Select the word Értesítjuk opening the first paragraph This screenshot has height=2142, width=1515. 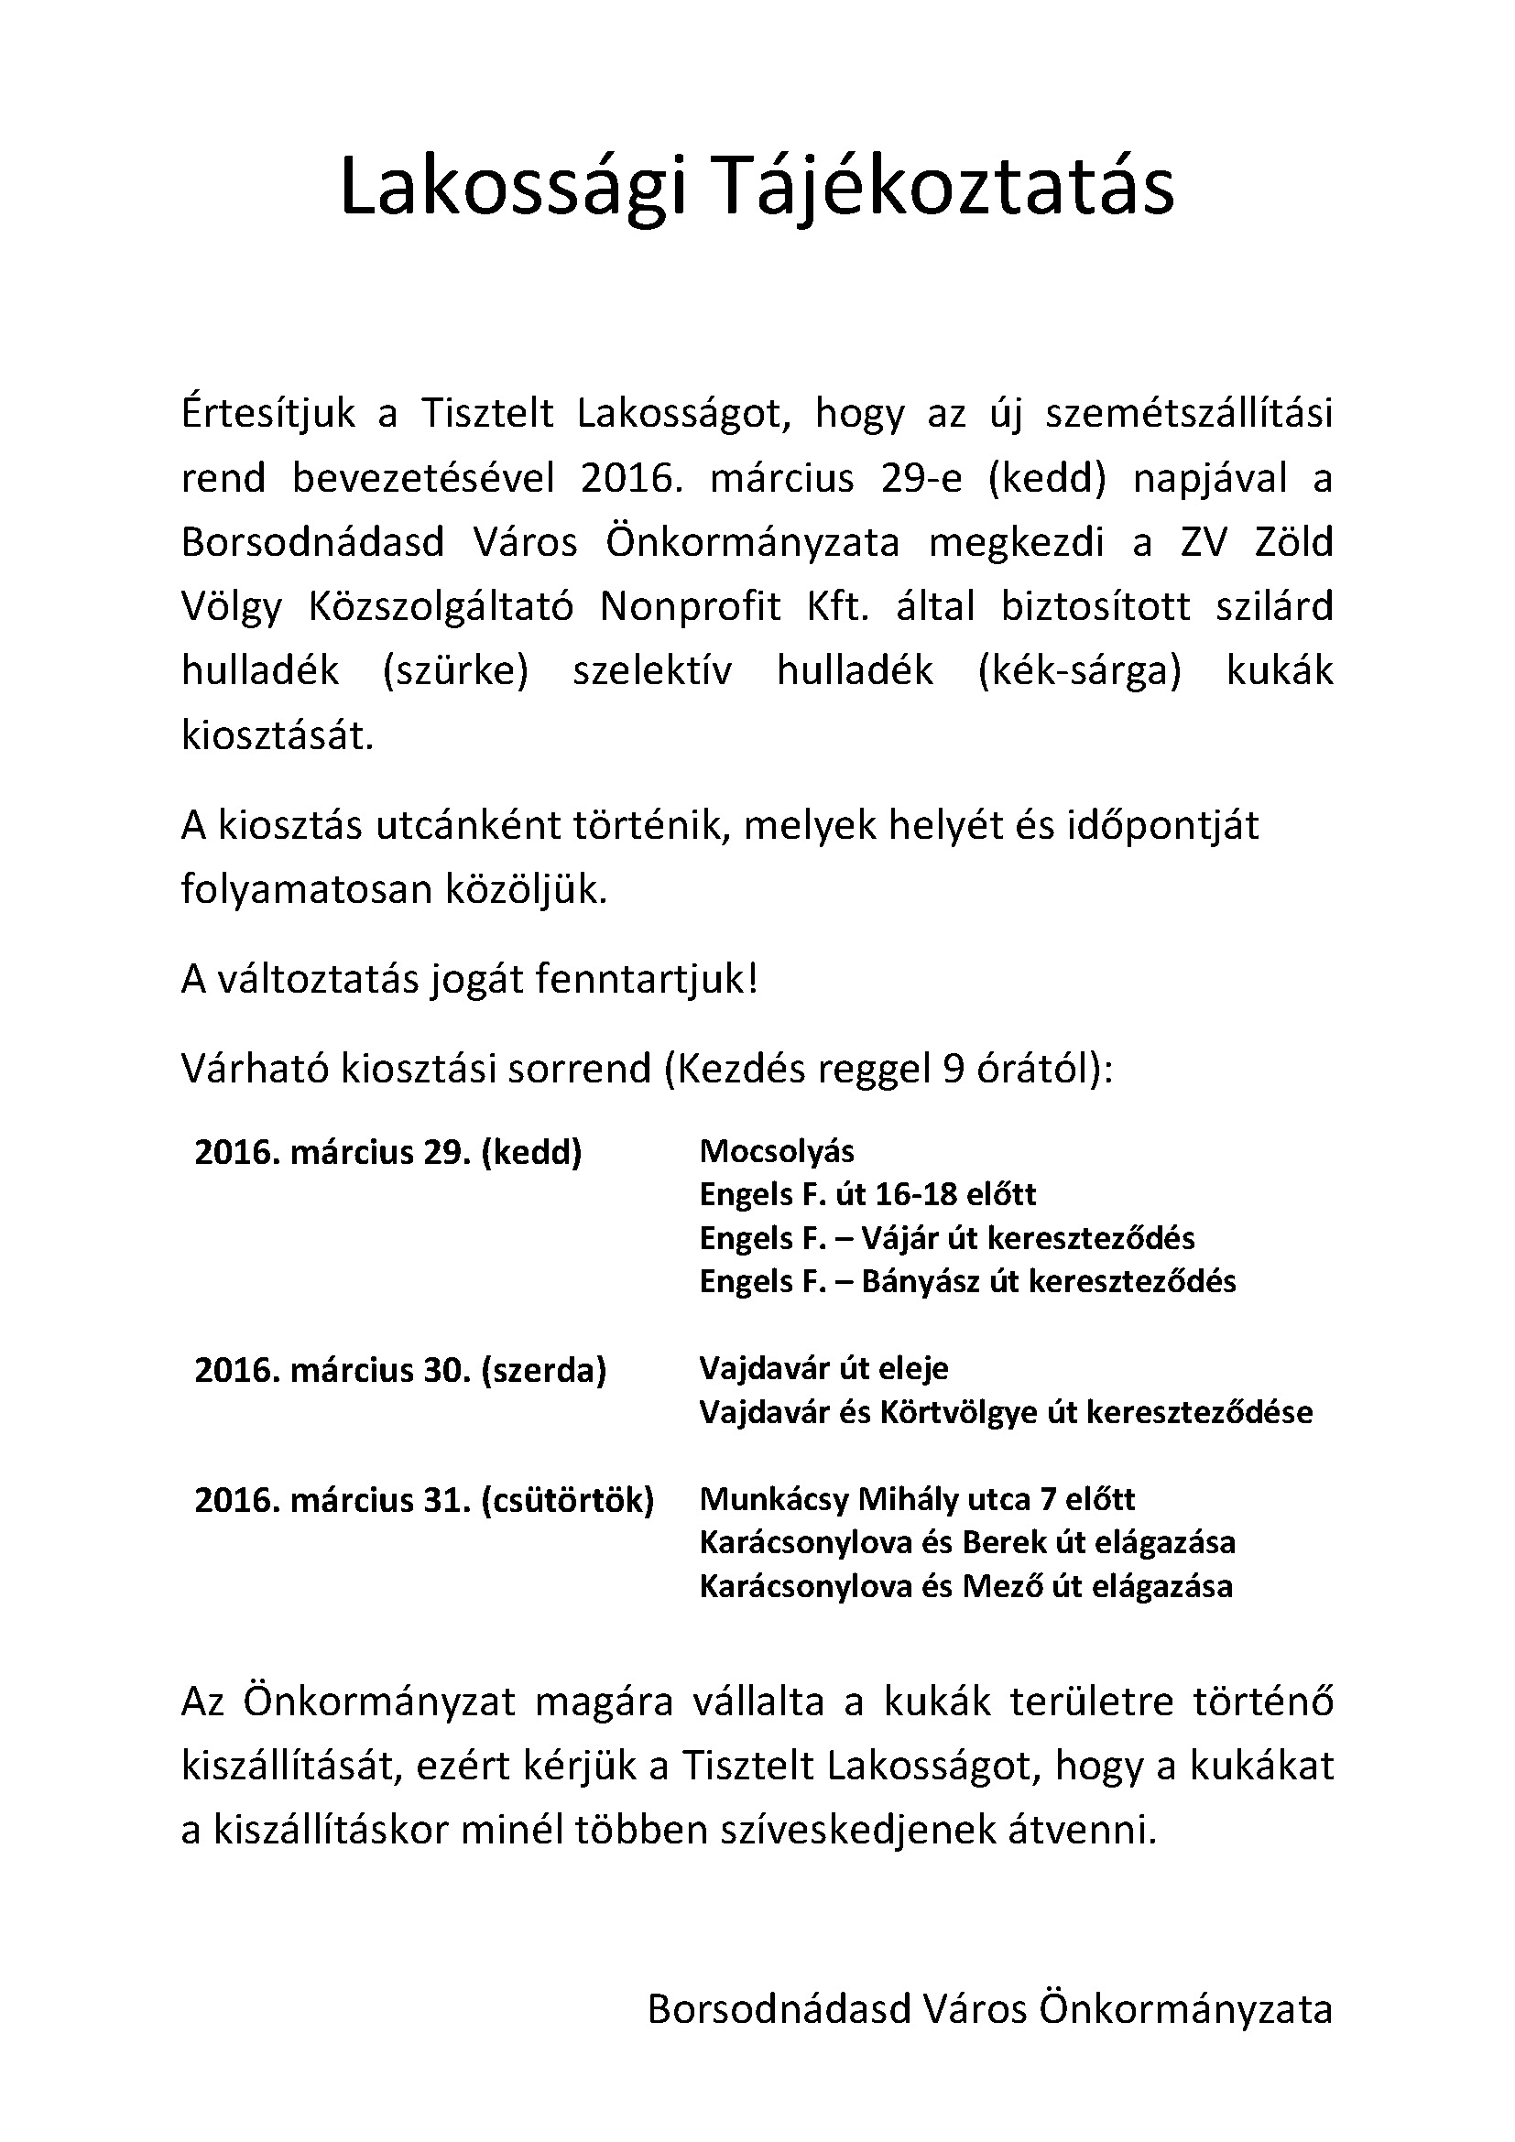268,414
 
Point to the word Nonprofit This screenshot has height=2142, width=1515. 691,607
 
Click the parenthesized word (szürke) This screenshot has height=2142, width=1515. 455,671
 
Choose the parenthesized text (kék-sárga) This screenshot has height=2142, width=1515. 1079,671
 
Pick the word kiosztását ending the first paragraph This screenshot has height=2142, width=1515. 277,736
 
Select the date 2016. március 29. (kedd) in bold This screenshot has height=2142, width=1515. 388,1153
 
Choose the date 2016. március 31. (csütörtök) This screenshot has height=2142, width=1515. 424,1500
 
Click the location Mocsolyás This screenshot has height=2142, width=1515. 776,1152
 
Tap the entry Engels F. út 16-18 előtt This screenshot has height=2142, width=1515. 867,1195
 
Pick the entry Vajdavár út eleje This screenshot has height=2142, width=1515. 823,1368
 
